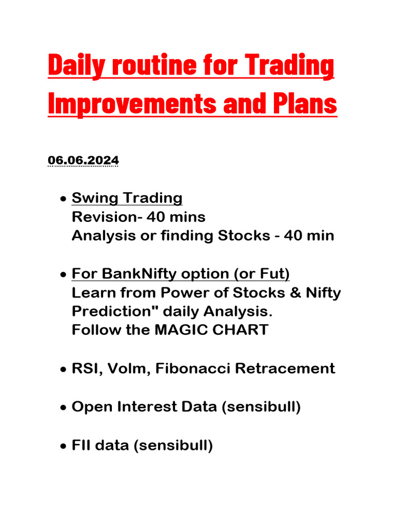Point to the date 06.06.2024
coord(83,161)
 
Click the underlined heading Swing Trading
coord(127,198)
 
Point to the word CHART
coord(240,330)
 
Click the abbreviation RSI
coord(86,368)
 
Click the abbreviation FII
coord(83,445)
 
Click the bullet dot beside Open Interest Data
coord(62,408)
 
